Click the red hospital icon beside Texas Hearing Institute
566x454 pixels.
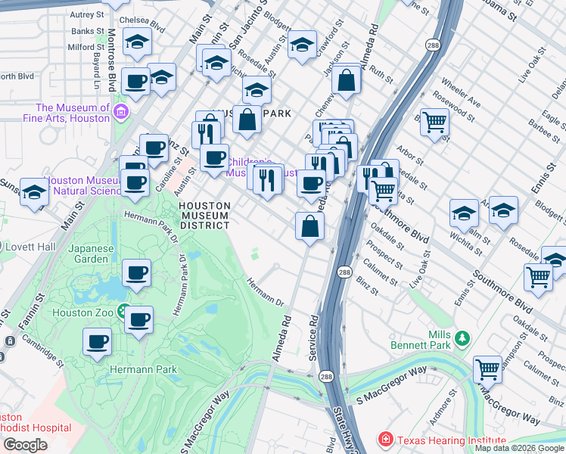(386, 439)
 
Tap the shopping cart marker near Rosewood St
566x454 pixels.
(434, 121)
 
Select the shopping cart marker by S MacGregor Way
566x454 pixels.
(488, 369)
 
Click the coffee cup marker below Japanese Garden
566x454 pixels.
(136, 273)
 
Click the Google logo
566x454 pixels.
(25, 445)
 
